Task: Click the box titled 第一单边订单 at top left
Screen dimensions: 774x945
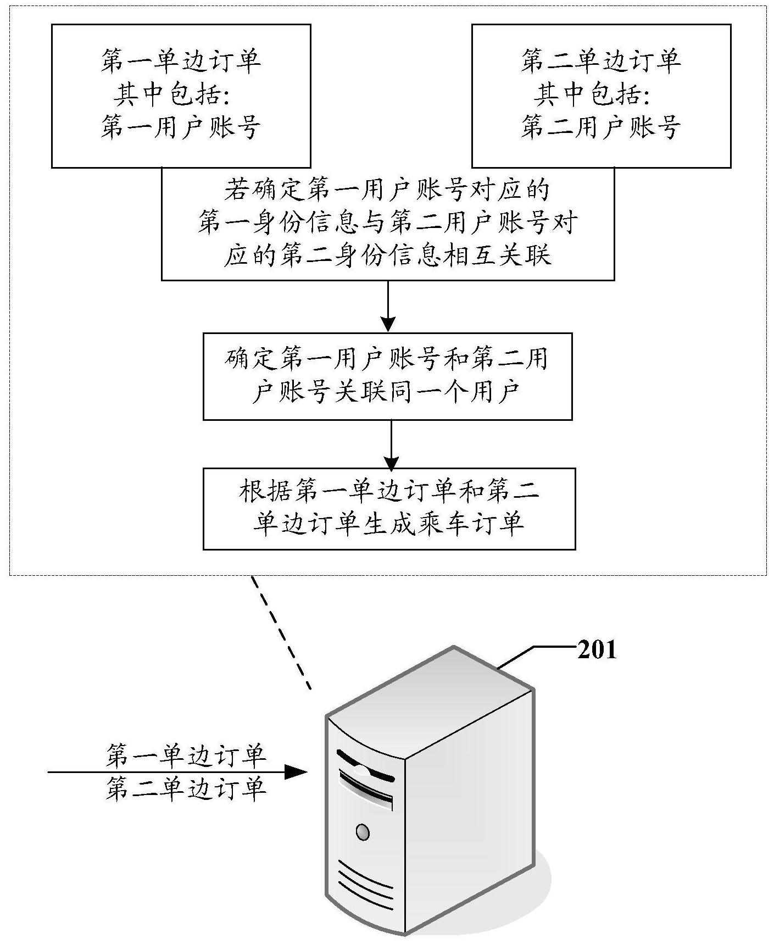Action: point(181,96)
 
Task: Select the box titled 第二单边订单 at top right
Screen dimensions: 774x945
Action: point(602,96)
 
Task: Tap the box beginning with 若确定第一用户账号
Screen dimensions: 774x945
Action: point(388,224)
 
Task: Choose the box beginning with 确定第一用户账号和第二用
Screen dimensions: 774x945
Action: point(388,376)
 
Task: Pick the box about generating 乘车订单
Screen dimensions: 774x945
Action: point(389,509)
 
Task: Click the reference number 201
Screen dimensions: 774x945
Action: point(597,651)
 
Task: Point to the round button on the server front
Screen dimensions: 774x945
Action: point(361,832)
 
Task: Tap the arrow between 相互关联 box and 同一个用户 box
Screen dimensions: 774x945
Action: point(388,307)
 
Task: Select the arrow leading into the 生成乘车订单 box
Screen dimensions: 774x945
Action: point(391,444)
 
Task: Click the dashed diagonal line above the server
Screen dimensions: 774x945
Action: point(282,632)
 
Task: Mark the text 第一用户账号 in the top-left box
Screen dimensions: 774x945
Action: point(181,127)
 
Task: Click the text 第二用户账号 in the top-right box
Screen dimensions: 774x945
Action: point(601,127)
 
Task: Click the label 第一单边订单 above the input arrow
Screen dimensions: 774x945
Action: point(186,755)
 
